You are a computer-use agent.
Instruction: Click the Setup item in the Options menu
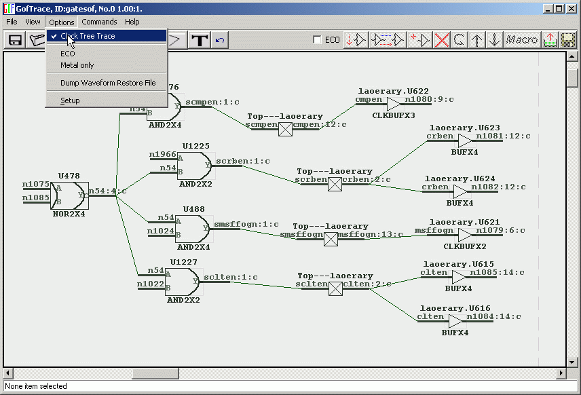[x=70, y=100]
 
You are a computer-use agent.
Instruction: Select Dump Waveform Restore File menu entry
[x=107, y=83]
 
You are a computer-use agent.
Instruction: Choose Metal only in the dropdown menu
[x=77, y=65]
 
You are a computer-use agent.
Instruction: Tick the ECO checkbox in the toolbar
[x=318, y=40]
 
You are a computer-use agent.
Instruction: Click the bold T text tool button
[x=200, y=40]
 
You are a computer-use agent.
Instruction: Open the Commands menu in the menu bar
[x=99, y=22]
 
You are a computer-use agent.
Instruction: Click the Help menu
[x=132, y=22]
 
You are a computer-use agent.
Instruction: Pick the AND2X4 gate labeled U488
[x=193, y=229]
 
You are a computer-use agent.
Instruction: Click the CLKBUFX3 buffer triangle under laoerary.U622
[x=394, y=104]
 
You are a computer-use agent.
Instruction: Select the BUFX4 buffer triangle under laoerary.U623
[x=465, y=140]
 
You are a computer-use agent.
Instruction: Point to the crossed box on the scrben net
[x=335, y=183]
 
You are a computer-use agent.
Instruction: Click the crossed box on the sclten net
[x=335, y=288]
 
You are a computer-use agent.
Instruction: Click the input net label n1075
[x=35, y=184]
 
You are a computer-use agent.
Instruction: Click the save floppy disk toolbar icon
[x=15, y=40]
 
